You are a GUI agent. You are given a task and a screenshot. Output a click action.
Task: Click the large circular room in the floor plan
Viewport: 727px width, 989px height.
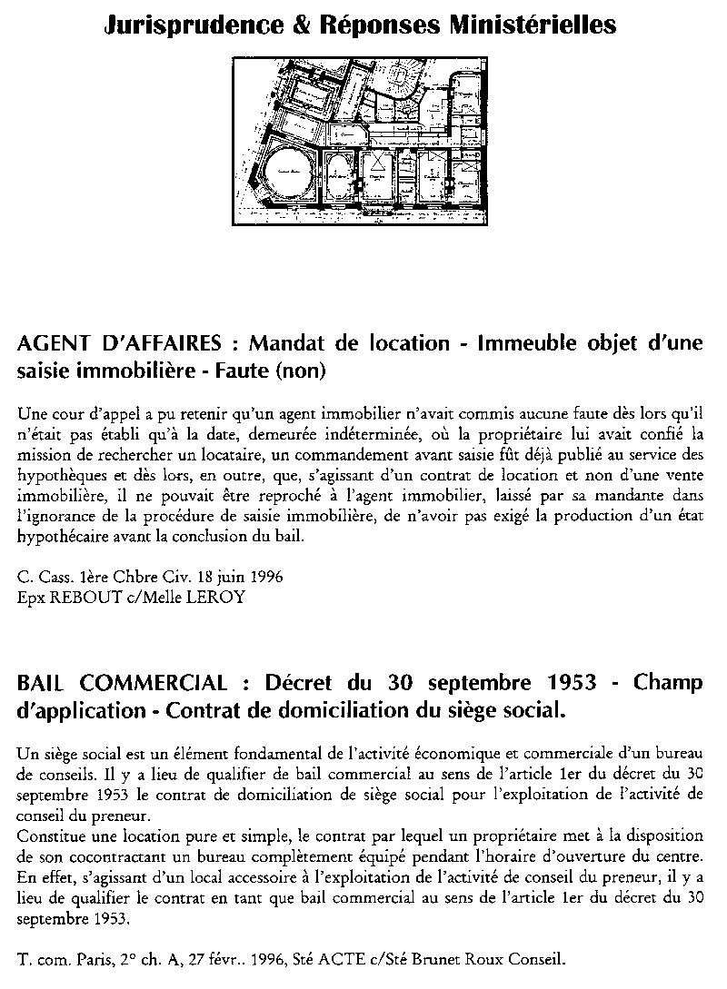point(289,173)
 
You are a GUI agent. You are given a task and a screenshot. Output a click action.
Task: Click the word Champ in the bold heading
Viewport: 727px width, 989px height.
point(668,683)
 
